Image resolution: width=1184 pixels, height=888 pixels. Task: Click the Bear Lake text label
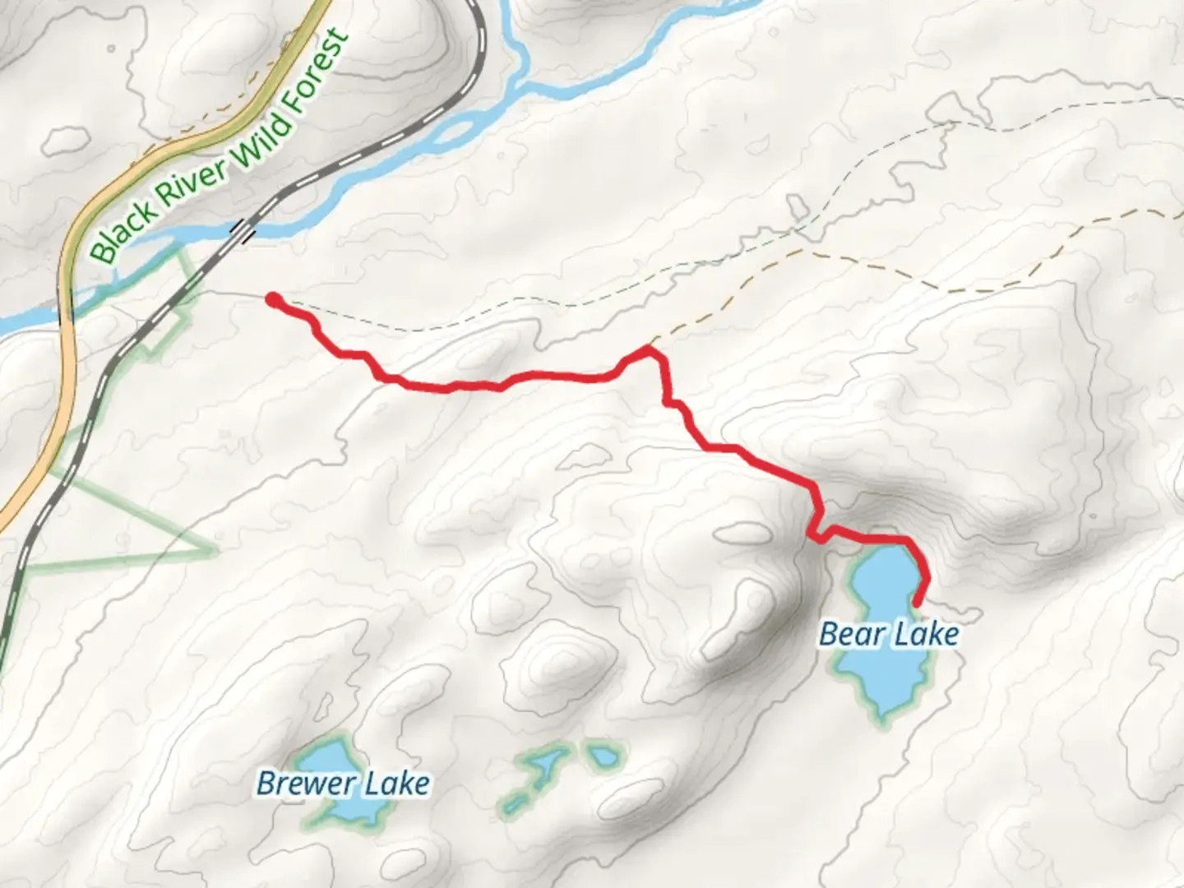889,634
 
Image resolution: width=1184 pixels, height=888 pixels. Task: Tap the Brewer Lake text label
343,783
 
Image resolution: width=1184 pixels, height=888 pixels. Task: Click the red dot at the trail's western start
272,300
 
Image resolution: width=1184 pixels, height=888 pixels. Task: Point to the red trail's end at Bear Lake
916,605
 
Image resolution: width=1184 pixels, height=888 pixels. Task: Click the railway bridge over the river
243,231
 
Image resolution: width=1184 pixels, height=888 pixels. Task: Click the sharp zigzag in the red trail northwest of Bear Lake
813,534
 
